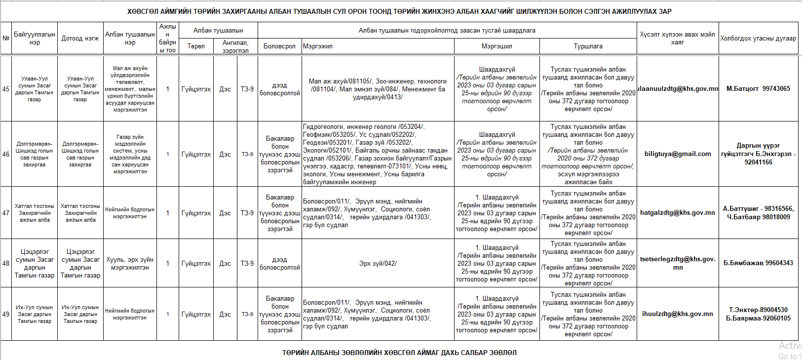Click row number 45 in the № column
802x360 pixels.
coord(6,89)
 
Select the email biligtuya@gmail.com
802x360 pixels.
coord(678,154)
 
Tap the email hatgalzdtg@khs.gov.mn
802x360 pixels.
coord(677,213)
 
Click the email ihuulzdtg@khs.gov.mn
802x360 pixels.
coord(677,314)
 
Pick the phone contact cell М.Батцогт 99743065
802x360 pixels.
coord(758,89)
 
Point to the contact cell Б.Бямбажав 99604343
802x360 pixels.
coord(758,263)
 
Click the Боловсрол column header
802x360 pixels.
coord(279,46)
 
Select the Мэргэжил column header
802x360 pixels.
coord(318,46)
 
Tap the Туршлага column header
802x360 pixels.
coord(588,46)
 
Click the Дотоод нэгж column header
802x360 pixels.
coord(80,38)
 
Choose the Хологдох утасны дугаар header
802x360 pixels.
coord(758,38)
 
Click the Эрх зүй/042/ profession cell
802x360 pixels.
coord(378,264)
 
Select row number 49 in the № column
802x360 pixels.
coord(6,314)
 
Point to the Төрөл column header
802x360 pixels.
coord(196,46)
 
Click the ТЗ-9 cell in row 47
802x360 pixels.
coord(247,213)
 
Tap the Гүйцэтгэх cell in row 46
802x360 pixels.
coord(196,154)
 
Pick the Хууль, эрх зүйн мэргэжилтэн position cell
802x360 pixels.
coord(130,263)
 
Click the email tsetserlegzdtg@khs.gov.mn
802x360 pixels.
coord(678,263)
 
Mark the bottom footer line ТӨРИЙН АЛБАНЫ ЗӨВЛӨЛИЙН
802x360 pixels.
coord(399,353)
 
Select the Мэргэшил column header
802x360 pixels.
coord(496,46)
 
